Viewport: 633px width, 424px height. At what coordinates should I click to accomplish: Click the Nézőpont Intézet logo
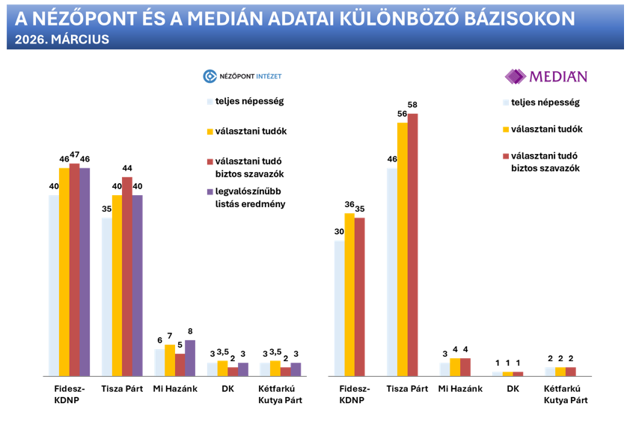(242, 76)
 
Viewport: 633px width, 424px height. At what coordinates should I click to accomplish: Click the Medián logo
(545, 76)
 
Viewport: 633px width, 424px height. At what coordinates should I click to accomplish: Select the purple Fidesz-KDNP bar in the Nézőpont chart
(85, 271)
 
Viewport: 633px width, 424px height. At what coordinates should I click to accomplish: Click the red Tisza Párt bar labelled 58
(412, 244)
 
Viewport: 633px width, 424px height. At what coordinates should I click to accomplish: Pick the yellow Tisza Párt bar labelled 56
(402, 248)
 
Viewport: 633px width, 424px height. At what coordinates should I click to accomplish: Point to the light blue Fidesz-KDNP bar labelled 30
(339, 307)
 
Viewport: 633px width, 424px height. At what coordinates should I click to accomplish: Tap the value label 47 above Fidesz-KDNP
(74, 155)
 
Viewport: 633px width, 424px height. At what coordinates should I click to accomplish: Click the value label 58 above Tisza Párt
(413, 104)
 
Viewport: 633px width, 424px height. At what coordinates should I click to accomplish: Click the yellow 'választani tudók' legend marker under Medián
(507, 129)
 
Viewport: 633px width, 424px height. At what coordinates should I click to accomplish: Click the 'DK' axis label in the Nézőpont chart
(227, 389)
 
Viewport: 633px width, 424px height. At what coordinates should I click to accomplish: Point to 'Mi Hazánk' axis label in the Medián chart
(460, 389)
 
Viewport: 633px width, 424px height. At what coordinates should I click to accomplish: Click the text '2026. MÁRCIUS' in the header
(62, 40)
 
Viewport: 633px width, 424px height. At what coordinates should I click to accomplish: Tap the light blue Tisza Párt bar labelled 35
(106, 296)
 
